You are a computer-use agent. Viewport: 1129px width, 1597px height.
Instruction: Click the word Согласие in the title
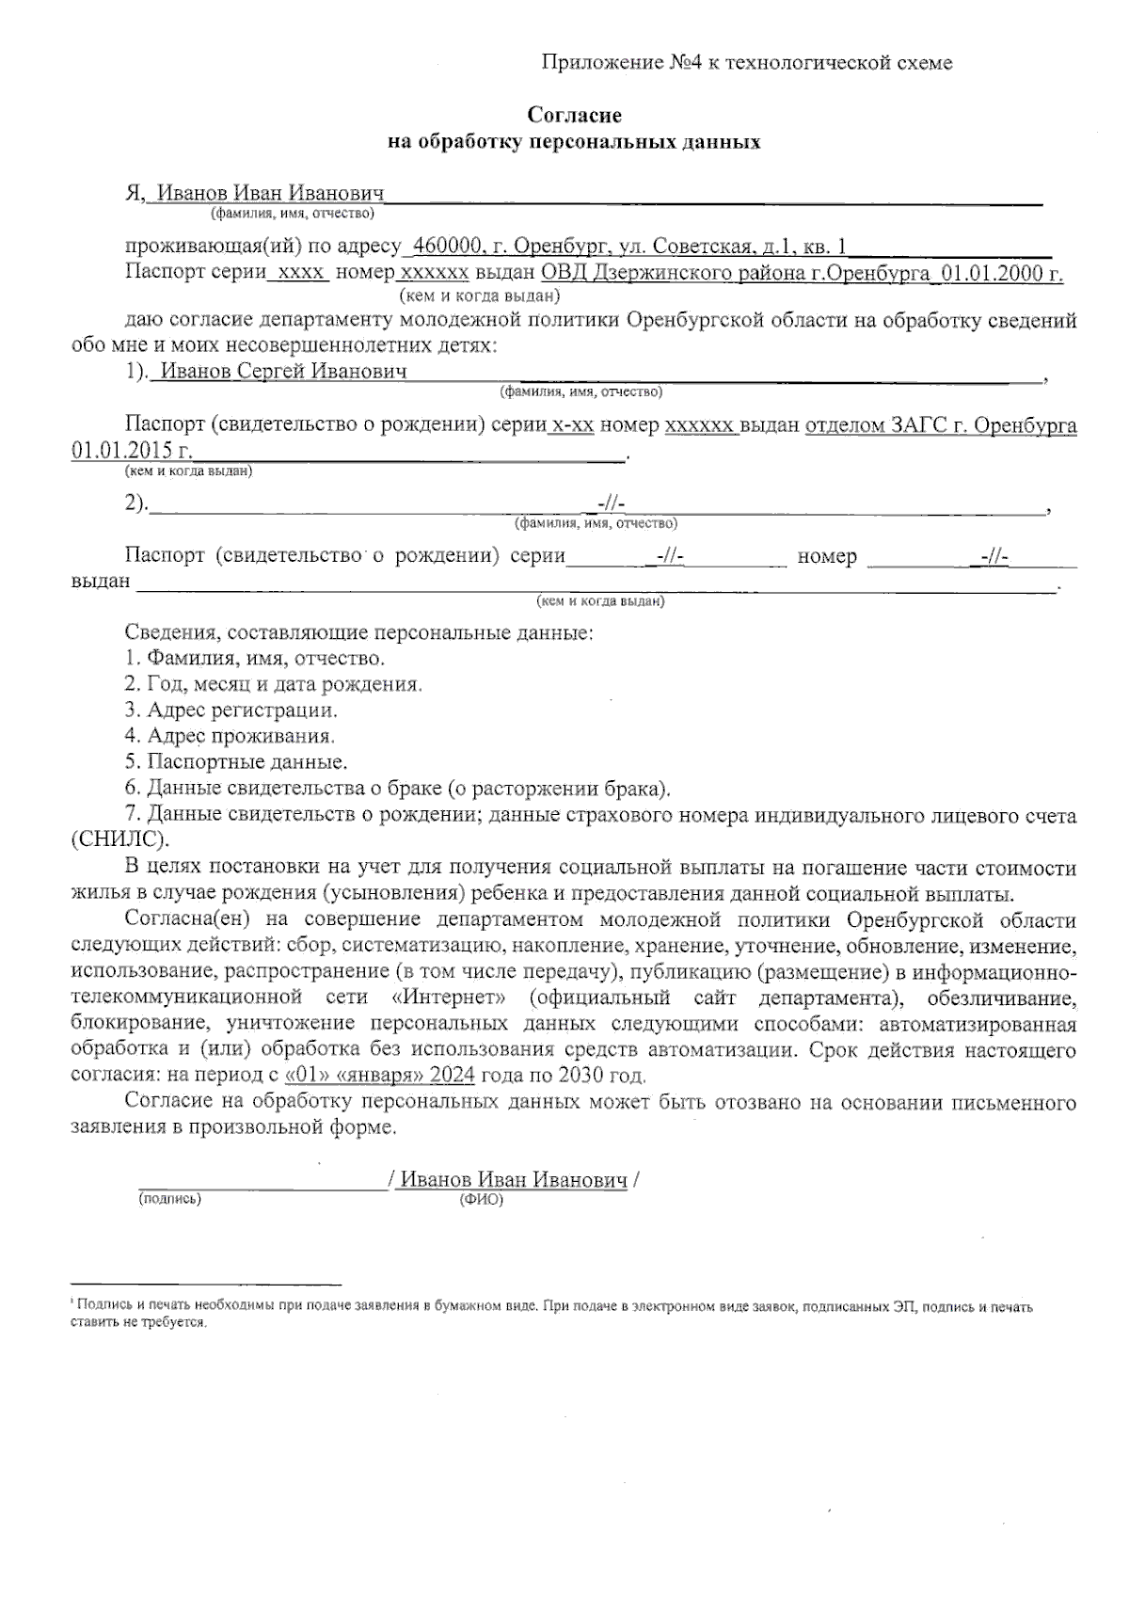[x=574, y=116]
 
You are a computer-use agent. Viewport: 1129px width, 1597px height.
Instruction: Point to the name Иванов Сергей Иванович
[x=283, y=371]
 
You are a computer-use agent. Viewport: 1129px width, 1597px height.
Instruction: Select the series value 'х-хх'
[x=573, y=425]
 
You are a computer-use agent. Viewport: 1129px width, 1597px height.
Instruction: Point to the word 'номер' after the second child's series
[x=827, y=556]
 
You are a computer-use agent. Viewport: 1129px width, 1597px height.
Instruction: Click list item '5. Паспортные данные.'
[x=235, y=761]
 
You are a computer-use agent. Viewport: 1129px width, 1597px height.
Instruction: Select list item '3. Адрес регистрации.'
[x=231, y=710]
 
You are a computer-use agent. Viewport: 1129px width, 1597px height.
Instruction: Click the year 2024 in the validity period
[x=453, y=1075]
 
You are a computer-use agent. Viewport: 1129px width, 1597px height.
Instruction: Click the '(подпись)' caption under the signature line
[x=170, y=1199]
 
